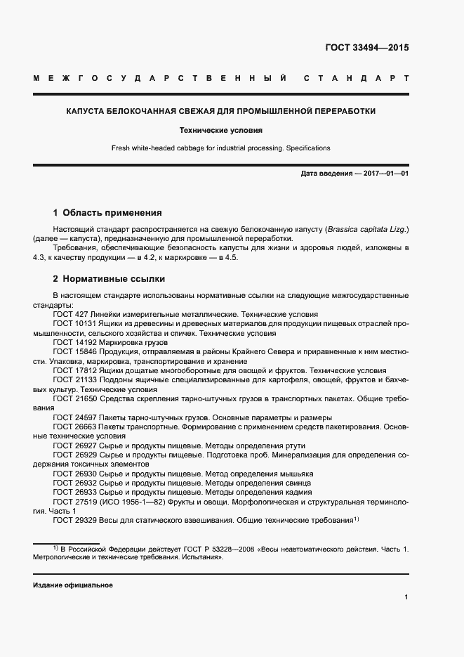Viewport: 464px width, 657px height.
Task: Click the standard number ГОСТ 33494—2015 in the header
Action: click(366, 48)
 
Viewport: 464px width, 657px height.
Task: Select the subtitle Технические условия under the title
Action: click(220, 130)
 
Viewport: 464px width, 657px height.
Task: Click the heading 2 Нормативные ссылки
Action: click(109, 278)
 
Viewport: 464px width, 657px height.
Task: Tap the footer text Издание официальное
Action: click(72, 585)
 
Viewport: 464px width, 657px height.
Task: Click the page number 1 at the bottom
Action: click(406, 597)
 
